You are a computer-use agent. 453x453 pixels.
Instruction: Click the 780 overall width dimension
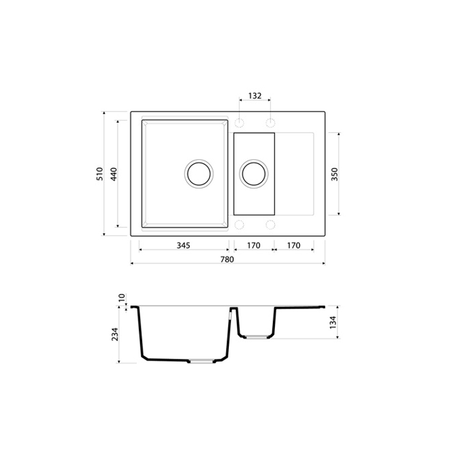(x=227, y=260)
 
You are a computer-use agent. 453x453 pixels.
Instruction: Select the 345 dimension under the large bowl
(x=184, y=245)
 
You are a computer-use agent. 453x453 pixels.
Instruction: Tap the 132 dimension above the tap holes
(x=255, y=95)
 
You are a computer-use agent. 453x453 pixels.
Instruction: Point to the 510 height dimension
(x=100, y=174)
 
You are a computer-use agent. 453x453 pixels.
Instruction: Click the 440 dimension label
(x=114, y=174)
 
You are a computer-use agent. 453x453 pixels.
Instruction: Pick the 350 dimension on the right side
(x=335, y=174)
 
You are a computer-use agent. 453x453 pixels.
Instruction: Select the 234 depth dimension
(x=115, y=334)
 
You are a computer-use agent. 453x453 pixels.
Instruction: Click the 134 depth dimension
(x=333, y=323)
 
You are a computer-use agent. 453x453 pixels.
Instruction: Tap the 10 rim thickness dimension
(x=122, y=298)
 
